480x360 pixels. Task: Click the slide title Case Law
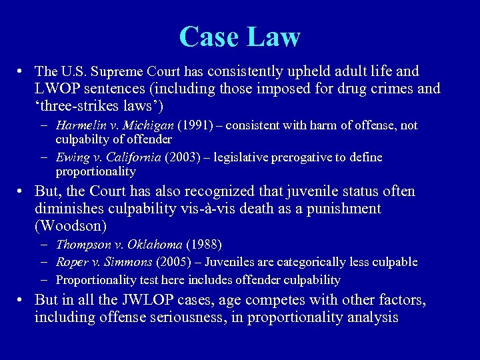point(240,37)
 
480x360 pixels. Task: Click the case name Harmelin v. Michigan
point(115,125)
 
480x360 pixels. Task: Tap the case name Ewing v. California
point(108,157)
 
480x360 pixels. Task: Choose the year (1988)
point(204,245)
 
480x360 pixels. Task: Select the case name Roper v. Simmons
point(103,262)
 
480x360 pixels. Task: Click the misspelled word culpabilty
point(83,139)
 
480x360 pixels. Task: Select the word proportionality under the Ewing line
point(95,171)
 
